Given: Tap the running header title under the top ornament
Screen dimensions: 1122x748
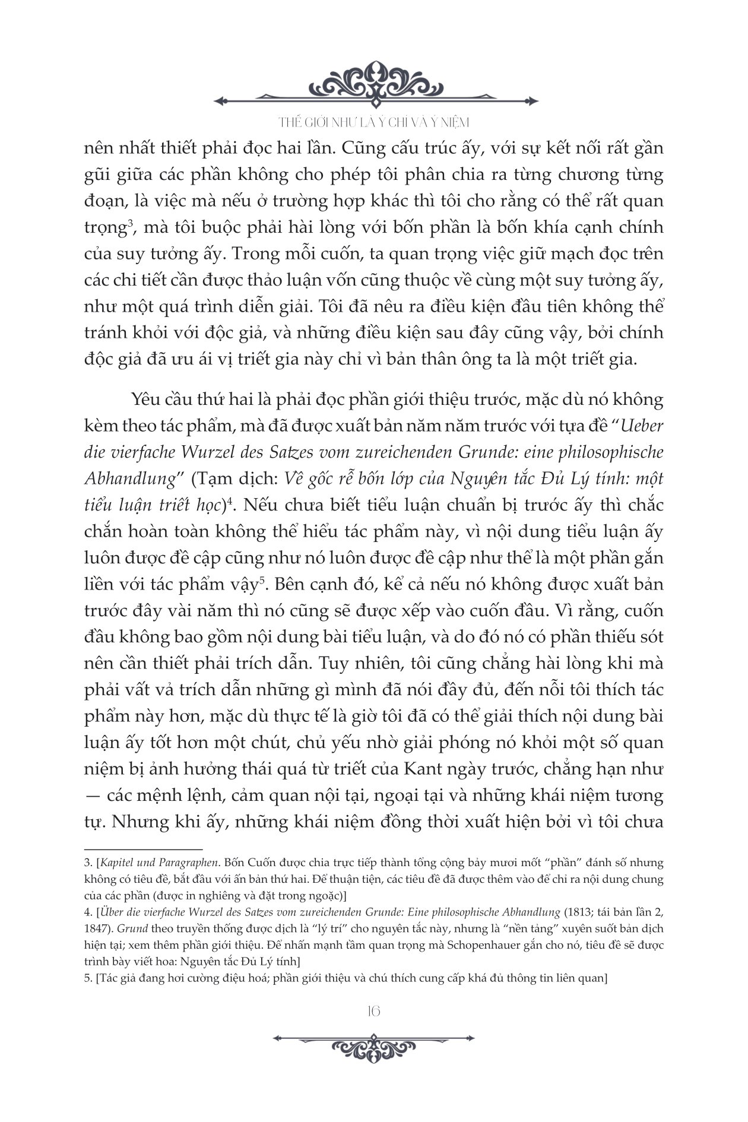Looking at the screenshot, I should pos(374,122).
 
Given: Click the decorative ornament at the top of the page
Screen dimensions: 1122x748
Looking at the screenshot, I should pos(374,83).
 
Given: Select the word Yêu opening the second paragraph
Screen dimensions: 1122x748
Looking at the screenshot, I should pos(147,400).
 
